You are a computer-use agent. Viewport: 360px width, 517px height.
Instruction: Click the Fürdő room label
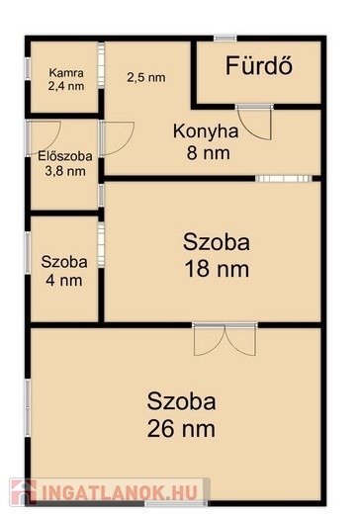259,65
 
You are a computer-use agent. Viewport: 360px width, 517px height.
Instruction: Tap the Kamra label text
66,72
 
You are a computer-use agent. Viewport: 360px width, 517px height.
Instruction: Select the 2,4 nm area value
66,86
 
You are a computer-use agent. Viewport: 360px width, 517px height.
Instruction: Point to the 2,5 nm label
146,78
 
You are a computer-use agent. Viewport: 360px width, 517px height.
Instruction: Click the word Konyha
206,131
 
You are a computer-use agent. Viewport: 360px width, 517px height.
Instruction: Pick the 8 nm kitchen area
209,153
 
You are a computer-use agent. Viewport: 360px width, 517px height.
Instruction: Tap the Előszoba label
65,156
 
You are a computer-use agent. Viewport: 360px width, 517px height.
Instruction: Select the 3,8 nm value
65,171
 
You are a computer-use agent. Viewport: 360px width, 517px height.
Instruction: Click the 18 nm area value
217,269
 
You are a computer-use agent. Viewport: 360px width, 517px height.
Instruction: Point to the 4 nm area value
64,281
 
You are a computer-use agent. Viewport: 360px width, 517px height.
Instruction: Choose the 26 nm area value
181,429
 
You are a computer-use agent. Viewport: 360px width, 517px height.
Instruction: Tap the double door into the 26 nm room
225,339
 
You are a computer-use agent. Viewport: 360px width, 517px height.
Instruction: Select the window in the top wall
225,39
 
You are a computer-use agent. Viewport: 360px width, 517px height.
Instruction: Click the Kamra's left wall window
28,69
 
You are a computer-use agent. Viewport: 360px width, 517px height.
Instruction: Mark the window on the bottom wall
176,504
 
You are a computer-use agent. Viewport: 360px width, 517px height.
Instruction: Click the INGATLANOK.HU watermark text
120,492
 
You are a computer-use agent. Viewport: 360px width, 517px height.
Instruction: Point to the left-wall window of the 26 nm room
28,408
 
